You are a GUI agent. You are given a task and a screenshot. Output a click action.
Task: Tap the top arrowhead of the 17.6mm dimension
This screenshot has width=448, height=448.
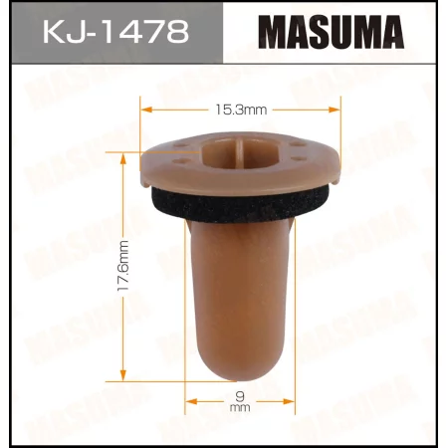pos(122,152)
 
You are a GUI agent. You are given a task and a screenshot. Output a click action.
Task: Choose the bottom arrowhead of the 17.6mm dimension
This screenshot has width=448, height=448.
pos(122,371)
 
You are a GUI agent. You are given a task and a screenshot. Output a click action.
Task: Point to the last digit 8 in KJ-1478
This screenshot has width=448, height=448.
pos(178,33)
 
